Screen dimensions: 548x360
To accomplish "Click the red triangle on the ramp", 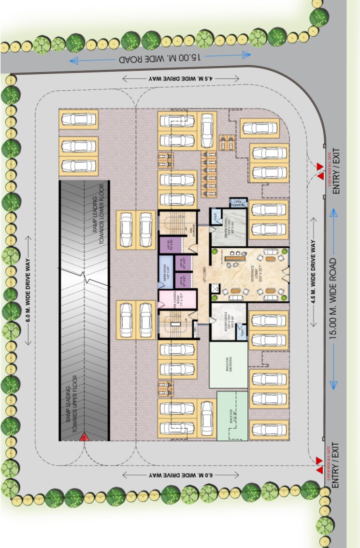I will [84, 438].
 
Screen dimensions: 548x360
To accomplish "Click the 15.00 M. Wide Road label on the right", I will [333, 299].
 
